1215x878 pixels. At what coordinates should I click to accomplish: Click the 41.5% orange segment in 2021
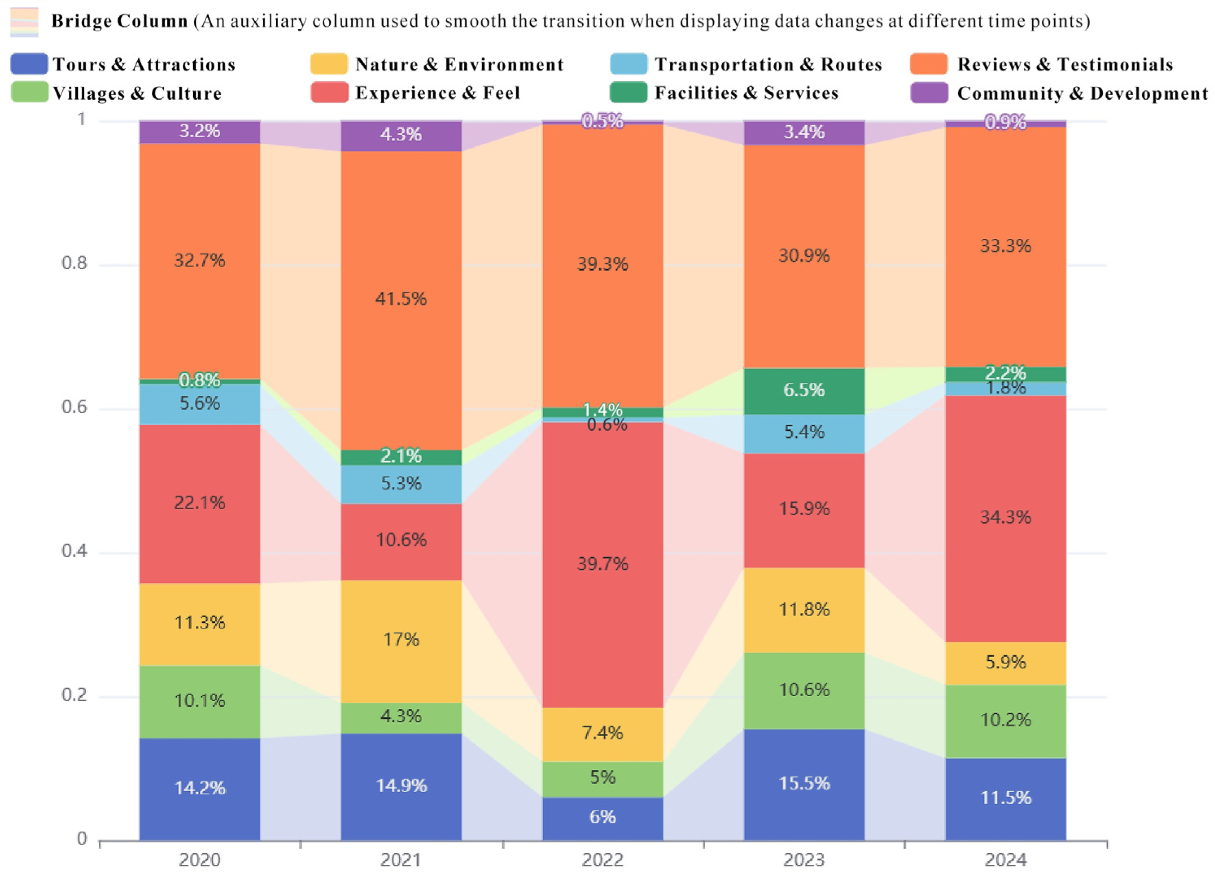pos(401,301)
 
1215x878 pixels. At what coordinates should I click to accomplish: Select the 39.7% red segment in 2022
pos(603,565)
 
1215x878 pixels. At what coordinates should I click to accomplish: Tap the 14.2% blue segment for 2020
pos(200,789)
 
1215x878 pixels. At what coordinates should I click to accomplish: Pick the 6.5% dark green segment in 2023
pos(804,391)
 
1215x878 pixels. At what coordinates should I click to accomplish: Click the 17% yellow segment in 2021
pos(401,642)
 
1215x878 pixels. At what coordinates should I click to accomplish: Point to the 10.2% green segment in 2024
pos(1005,721)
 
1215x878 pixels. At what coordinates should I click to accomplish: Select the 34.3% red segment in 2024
pos(1005,519)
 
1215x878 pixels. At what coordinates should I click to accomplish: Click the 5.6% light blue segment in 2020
pos(200,404)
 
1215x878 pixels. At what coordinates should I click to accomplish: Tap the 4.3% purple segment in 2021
pos(401,136)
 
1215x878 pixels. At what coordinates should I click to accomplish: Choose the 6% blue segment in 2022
pos(603,819)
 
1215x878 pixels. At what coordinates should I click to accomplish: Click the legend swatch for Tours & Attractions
pos(29,64)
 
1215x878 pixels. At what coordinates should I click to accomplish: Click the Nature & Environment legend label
pos(459,64)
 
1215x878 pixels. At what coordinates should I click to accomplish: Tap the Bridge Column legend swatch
pos(24,22)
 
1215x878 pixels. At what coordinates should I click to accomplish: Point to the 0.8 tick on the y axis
pos(74,263)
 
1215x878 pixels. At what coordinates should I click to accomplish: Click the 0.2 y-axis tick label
pos(74,695)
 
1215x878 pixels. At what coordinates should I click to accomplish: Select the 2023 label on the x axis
pos(804,860)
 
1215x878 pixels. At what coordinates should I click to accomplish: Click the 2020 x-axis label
pos(200,860)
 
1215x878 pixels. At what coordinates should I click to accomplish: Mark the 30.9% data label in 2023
pos(804,256)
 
